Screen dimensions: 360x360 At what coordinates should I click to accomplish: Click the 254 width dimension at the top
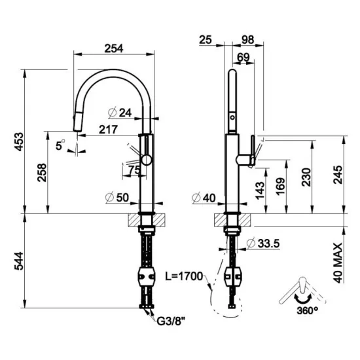[x=115, y=47]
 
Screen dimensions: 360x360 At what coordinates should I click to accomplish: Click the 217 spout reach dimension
[x=108, y=130]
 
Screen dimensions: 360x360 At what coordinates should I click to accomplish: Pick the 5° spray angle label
[x=61, y=147]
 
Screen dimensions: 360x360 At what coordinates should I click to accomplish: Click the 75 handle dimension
[x=135, y=170]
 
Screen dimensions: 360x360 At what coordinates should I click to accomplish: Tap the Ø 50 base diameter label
[x=118, y=198]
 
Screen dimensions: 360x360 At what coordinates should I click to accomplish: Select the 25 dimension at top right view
[x=204, y=41]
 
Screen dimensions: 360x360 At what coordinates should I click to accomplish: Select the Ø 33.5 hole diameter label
[x=264, y=244]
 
